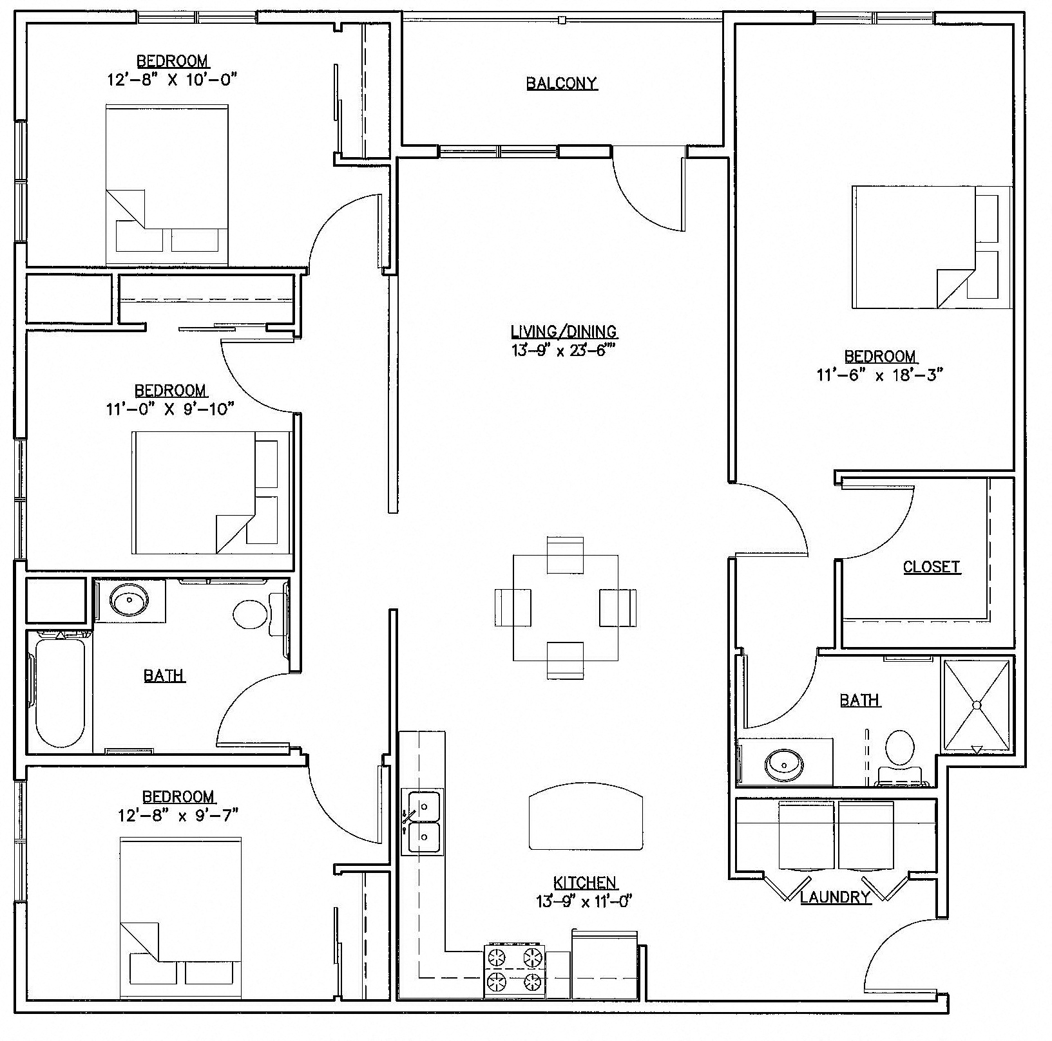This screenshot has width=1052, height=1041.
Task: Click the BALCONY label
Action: point(561,83)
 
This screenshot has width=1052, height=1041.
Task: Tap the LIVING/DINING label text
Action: point(564,332)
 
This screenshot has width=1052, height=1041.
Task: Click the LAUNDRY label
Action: point(835,897)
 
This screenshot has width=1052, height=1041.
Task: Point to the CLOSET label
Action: point(931,567)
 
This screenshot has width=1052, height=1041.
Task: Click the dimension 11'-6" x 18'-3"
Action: point(879,375)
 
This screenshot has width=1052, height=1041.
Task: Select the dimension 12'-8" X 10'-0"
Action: point(173,80)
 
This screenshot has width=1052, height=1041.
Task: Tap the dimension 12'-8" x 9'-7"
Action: point(178,815)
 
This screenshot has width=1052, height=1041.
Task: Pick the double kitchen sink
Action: point(422,822)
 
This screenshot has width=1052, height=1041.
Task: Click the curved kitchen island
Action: point(586,816)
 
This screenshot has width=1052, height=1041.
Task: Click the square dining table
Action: point(565,607)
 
